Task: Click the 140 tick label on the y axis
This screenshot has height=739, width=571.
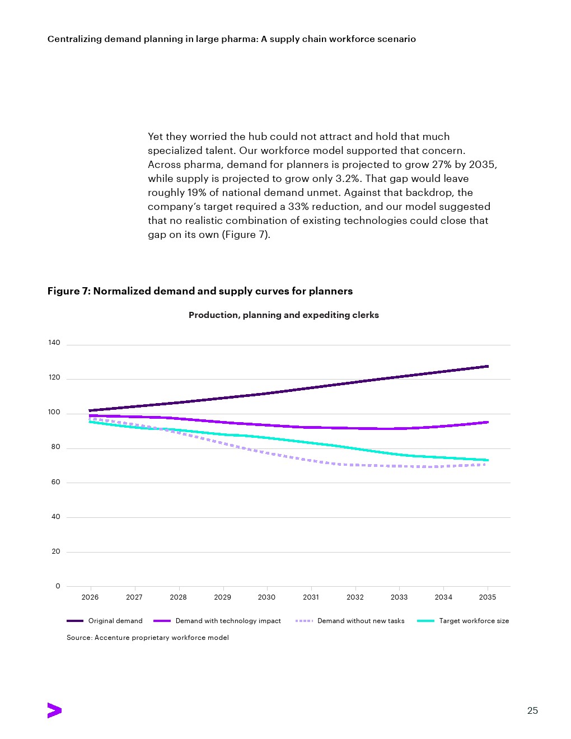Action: [54, 343]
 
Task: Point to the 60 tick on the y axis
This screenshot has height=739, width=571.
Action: [56, 482]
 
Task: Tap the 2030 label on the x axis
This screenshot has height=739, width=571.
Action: [266, 597]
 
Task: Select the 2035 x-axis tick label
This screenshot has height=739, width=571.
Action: [488, 597]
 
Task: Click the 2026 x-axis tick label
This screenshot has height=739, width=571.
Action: [90, 597]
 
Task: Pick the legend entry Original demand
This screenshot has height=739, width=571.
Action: [105, 621]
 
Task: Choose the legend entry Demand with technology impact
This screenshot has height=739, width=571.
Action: [217, 621]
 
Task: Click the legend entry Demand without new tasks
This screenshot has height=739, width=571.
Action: [350, 621]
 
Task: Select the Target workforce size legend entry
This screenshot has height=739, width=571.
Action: [463, 621]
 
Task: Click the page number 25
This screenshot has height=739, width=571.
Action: [532, 710]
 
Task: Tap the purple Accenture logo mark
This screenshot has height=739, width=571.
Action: [54, 710]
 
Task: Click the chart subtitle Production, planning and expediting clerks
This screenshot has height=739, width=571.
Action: [284, 315]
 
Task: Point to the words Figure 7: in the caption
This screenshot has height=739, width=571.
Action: [69, 291]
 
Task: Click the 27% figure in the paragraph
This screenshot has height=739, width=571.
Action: [442, 165]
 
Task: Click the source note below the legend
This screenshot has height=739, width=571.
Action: [148, 637]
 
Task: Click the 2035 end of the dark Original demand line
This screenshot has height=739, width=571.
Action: [488, 366]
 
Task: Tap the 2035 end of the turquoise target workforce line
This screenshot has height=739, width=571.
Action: [488, 460]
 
